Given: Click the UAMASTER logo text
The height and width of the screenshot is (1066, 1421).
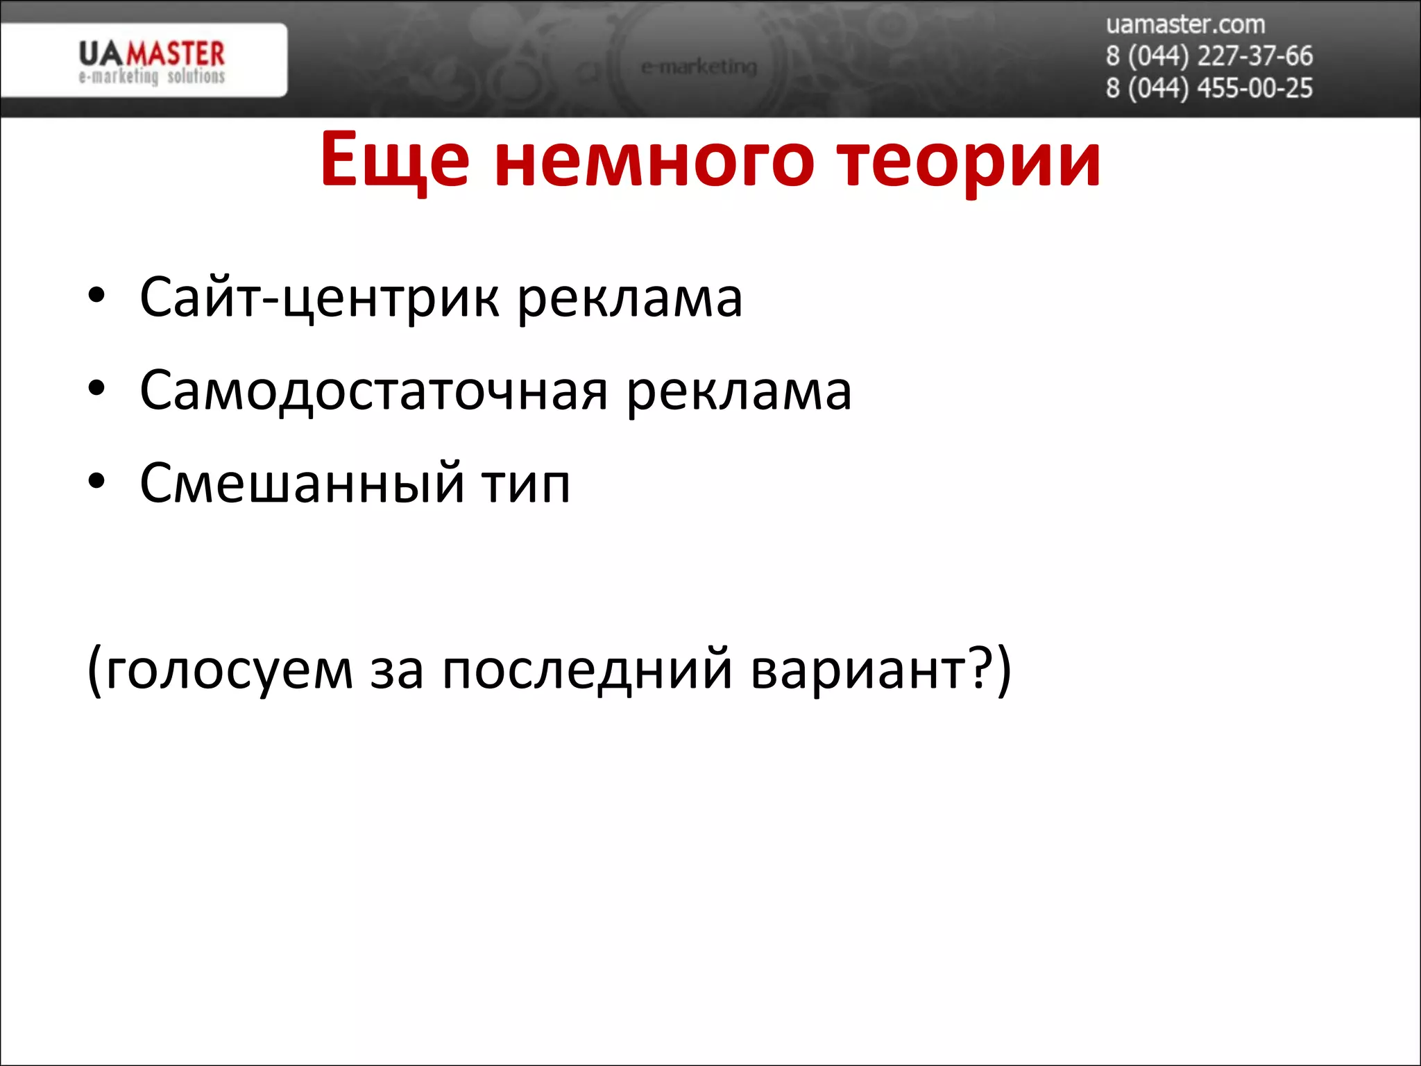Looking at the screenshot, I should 151,53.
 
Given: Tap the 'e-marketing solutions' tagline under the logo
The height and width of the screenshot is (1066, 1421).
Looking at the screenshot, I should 151,76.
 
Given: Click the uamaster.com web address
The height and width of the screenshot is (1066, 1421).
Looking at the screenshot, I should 1185,25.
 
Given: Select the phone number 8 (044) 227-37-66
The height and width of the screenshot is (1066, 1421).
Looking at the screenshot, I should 1209,56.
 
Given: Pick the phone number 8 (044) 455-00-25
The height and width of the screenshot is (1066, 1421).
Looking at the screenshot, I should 1209,88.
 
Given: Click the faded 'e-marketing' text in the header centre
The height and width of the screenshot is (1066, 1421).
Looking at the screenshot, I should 699,67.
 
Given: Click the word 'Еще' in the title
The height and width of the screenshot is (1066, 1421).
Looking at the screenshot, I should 395,161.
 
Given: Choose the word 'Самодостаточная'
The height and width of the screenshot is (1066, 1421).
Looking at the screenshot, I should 374,391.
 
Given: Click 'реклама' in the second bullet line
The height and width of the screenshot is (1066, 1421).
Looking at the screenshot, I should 739,391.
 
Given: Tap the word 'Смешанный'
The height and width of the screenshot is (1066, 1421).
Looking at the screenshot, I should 302,483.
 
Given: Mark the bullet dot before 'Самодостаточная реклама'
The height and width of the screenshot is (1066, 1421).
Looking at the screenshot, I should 96,388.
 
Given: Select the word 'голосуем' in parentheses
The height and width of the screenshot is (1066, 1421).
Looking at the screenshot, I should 229,671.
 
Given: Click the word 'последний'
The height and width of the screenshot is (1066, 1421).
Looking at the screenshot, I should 587,671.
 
